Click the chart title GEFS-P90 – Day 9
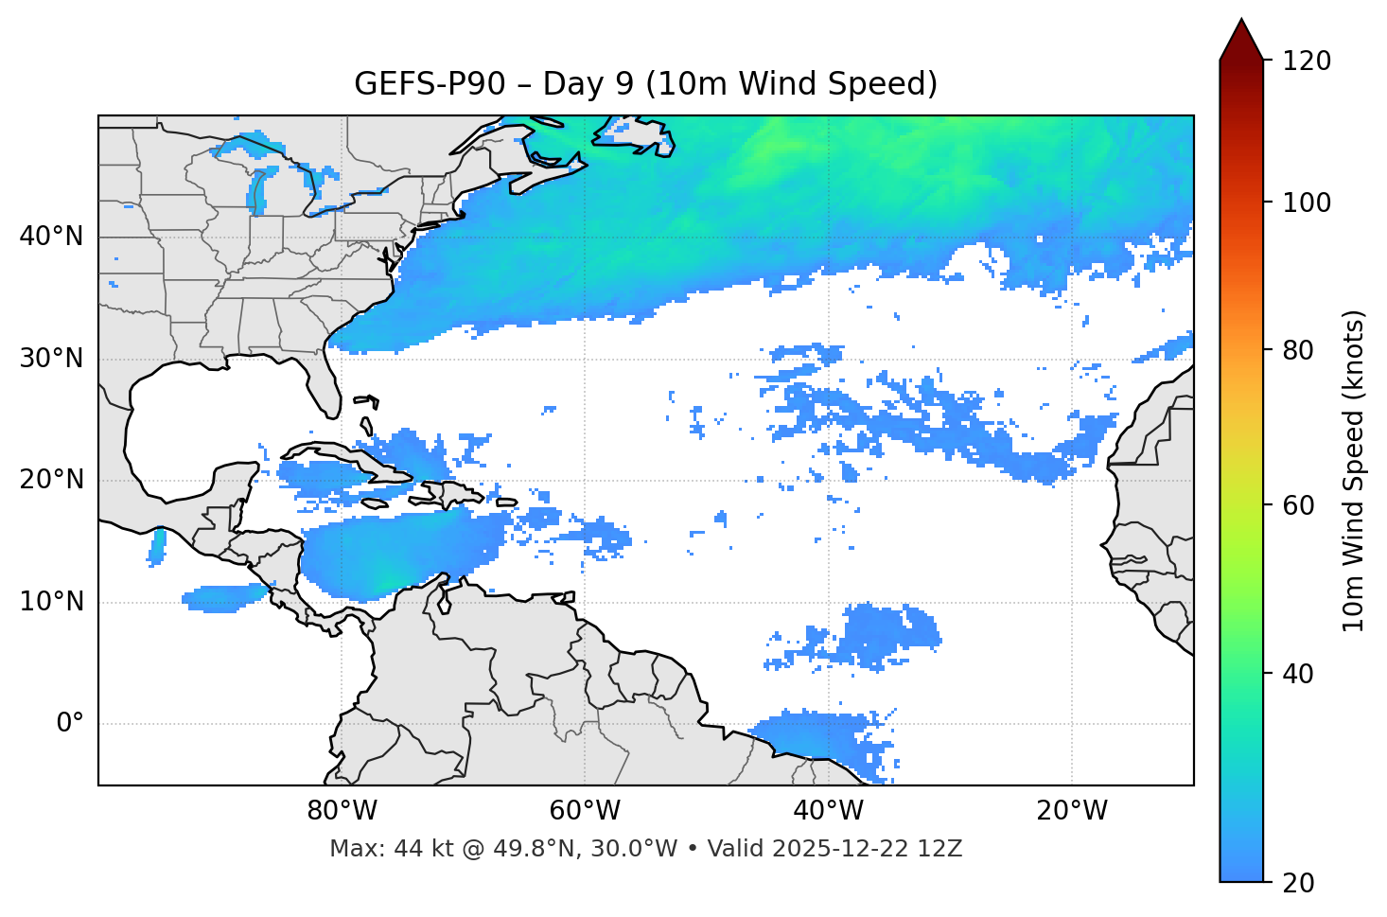tap(645, 84)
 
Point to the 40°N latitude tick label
tap(51, 237)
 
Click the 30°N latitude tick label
tap(51, 359)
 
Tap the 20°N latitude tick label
tap(51, 480)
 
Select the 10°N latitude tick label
tap(51, 602)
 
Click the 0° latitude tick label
tap(69, 724)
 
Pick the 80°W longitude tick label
tap(342, 811)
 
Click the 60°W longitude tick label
tap(585, 811)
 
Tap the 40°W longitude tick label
tap(828, 811)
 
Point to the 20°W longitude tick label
tap(1071, 811)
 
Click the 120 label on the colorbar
tap(1306, 62)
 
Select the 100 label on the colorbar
tap(1306, 203)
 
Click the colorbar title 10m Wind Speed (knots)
tap(1355, 470)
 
